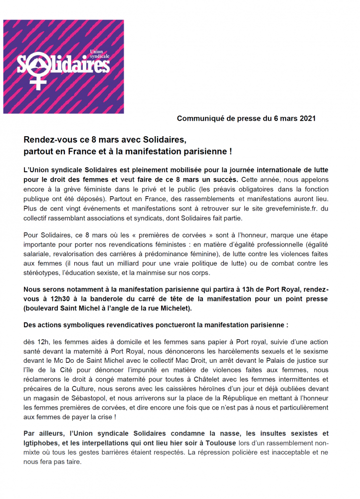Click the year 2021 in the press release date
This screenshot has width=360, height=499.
point(306,118)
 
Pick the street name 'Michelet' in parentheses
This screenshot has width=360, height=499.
point(175,308)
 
